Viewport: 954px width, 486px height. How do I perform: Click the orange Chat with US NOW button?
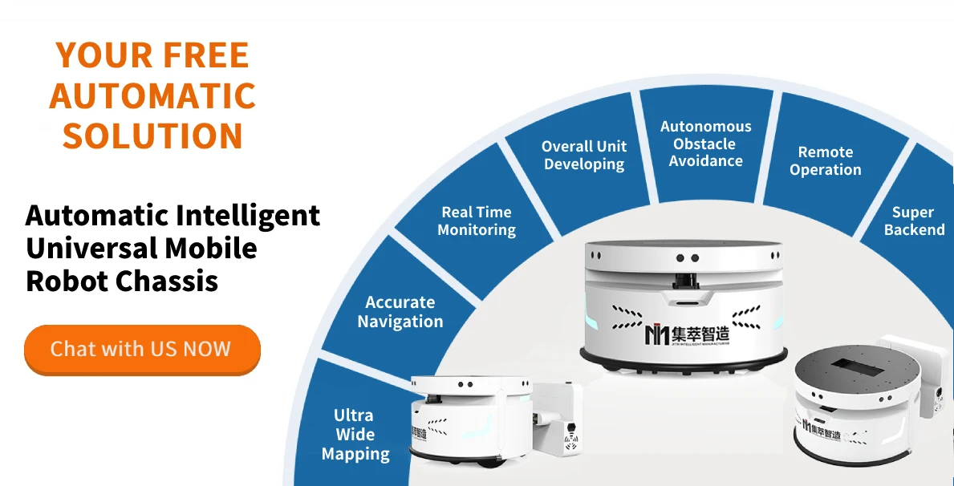coord(142,349)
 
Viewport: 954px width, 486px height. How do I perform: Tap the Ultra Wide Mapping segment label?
coord(355,435)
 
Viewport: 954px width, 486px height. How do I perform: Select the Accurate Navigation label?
coord(400,312)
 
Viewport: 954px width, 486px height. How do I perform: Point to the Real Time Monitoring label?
coord(477,221)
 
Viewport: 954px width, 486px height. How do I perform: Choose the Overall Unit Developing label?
coord(583,155)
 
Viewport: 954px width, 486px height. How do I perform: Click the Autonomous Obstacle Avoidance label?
coord(705,144)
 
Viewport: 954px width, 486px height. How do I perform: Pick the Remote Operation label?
coord(825,160)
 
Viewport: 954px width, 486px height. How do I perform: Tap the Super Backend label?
coord(913,221)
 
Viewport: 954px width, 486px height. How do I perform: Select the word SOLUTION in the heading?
coord(152,136)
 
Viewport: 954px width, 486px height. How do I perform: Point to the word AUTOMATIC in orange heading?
coord(152,96)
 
